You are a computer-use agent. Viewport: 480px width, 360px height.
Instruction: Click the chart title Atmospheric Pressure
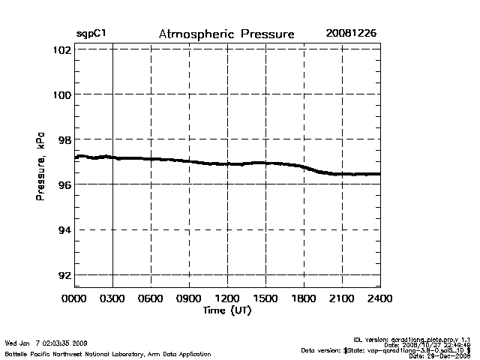click(x=226, y=34)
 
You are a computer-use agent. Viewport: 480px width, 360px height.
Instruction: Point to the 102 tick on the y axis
click(x=62, y=49)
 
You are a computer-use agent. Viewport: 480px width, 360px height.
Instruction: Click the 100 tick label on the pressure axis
click(x=62, y=94)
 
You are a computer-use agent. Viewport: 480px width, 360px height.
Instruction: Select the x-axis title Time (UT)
click(x=226, y=310)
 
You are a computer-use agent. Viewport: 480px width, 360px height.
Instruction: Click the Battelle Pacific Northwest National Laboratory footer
click(x=108, y=353)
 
